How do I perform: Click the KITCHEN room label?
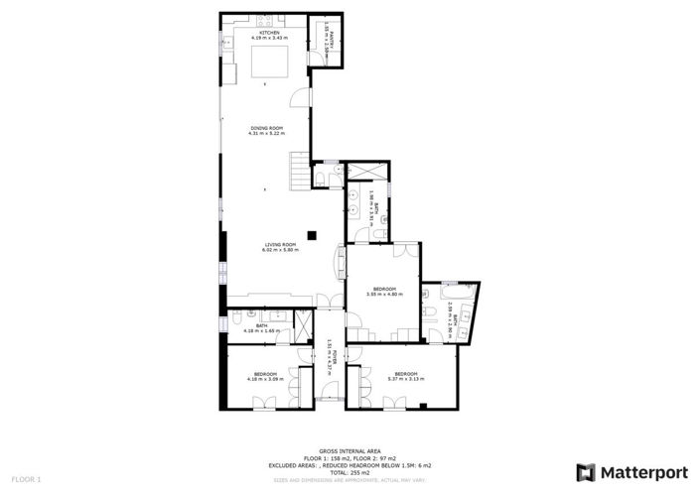(269, 33)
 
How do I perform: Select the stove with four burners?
(265, 21)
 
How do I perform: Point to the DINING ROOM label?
(266, 128)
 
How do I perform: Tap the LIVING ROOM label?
(280, 245)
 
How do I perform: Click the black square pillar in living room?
(311, 235)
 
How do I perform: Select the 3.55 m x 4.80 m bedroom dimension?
(384, 295)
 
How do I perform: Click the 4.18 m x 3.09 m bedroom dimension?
(265, 379)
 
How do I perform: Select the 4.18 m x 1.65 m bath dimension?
(262, 330)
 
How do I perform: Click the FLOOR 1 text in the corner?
(26, 480)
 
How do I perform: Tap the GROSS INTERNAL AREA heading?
(350, 449)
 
